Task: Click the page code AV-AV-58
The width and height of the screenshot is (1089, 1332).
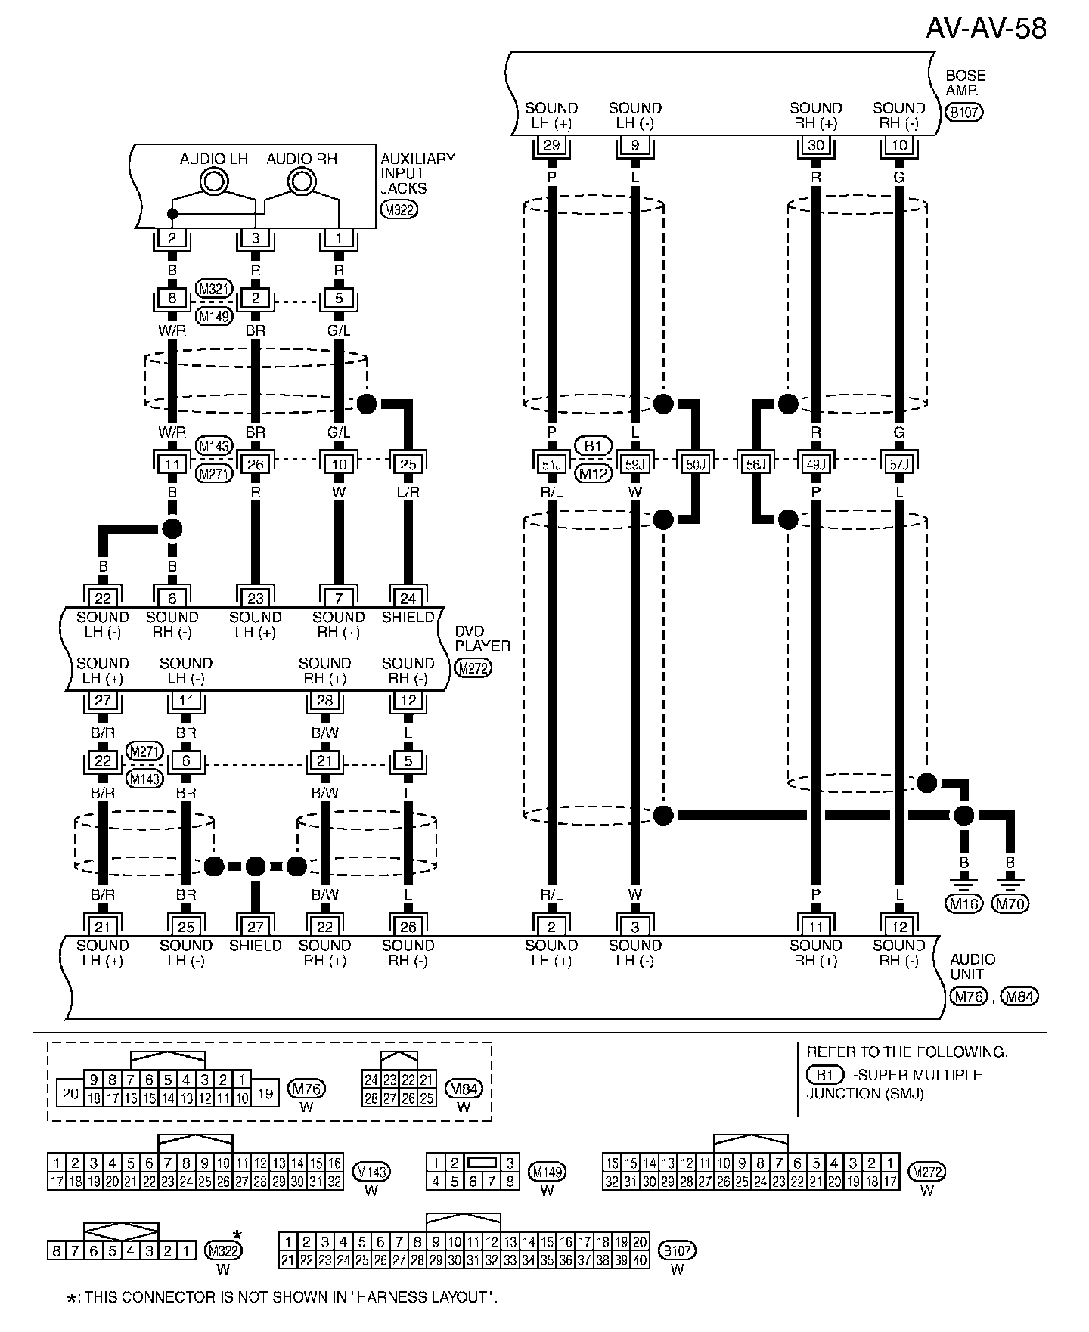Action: [x=985, y=29]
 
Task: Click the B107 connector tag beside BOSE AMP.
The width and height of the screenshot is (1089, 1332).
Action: [x=964, y=113]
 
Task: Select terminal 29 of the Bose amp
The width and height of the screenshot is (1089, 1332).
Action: [x=551, y=145]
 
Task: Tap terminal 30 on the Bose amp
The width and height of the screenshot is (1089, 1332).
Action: [x=815, y=145]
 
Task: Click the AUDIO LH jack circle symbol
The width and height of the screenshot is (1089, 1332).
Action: [x=214, y=181]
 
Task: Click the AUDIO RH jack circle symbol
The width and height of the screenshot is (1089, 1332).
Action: [x=302, y=181]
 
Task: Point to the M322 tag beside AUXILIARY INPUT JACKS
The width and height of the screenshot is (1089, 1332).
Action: [x=399, y=210]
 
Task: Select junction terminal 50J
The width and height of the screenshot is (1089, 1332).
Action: [x=694, y=464]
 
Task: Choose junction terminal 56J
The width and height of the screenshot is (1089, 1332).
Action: [x=755, y=464]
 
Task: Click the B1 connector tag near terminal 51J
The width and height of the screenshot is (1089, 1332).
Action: [x=593, y=446]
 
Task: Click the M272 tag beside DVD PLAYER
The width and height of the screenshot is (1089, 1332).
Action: [x=473, y=668]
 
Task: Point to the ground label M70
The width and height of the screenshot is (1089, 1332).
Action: [x=1010, y=903]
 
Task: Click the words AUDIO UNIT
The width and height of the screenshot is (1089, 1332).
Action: [x=973, y=967]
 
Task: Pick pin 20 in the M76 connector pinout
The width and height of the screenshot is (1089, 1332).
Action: [x=70, y=1093]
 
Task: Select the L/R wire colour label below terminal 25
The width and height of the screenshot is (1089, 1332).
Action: [x=408, y=492]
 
